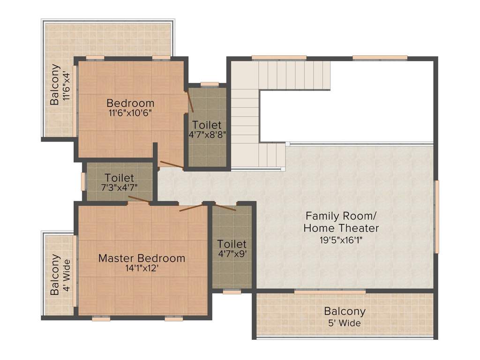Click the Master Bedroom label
coord(142,258)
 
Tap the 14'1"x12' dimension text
coord(142,269)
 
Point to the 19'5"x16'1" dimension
coord(341,240)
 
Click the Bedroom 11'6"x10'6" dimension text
coord(130,113)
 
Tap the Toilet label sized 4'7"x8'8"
coord(207,125)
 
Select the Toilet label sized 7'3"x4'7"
coord(120,178)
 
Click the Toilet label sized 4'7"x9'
coord(232,244)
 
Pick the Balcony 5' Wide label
coord(345,311)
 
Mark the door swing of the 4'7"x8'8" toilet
coord(190,102)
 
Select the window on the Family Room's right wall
coord(436,217)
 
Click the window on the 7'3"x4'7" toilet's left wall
coord(83,181)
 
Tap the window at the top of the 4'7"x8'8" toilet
coord(210,84)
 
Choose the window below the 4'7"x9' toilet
coord(232,292)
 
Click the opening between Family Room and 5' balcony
coord(330,292)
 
